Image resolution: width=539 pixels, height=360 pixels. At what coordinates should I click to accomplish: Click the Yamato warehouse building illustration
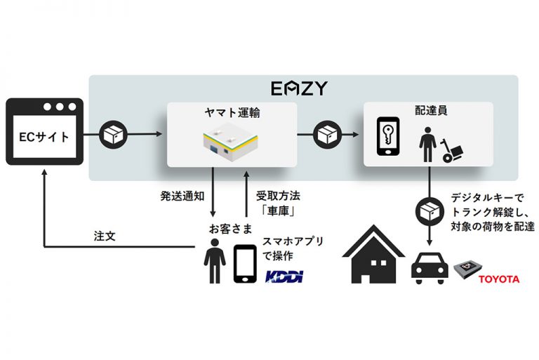click(x=232, y=142)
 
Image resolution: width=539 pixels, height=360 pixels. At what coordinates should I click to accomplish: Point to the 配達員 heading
click(x=427, y=111)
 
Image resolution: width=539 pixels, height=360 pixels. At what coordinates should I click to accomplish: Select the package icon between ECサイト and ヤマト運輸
click(x=113, y=133)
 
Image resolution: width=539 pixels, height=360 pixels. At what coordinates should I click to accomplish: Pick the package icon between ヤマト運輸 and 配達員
click(x=328, y=133)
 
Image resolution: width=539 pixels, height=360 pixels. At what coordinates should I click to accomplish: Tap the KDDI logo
click(x=284, y=277)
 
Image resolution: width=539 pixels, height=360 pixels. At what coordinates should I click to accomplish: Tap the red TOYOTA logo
click(x=498, y=279)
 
